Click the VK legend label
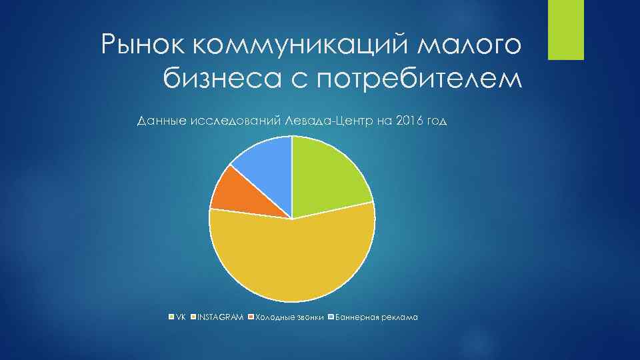pos(181,317)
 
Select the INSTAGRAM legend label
pos(220,317)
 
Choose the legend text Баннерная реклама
pos(377,317)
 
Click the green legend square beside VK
pos(171,317)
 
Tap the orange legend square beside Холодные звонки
pos(251,317)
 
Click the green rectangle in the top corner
pos(565,29)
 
